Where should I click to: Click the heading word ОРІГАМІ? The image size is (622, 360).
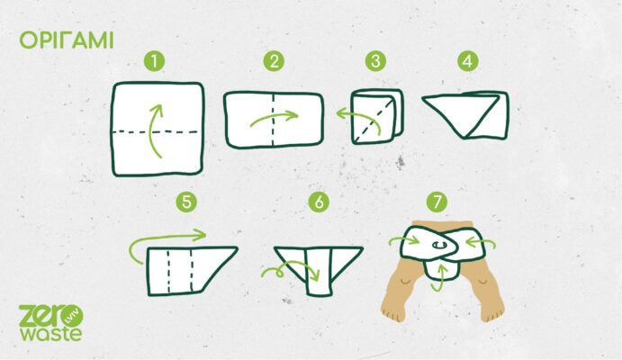pos(67,40)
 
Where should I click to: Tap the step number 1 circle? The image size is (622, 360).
pos(154,61)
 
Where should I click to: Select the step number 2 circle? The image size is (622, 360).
pos(274,61)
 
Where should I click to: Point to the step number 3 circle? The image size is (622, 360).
pos(375,61)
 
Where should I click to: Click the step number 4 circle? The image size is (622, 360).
pos(468,61)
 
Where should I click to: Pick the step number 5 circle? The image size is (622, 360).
pos(186,202)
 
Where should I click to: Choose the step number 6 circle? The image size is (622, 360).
pos(319,202)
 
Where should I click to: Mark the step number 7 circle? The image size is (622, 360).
pos(437,202)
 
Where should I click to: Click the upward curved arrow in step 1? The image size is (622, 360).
pos(150,130)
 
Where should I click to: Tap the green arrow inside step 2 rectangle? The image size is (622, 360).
pos(274,116)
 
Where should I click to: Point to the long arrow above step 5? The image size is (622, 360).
pos(167,237)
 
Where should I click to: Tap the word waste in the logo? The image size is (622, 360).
pos(51,334)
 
